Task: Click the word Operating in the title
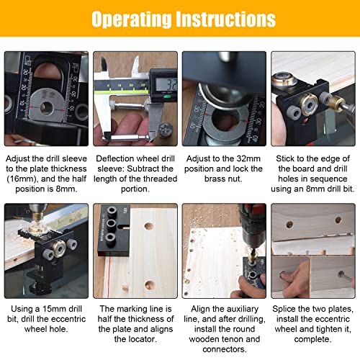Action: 132,19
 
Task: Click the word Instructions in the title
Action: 225,19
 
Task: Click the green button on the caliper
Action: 167,96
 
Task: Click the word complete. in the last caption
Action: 312,339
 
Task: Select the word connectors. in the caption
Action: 225,349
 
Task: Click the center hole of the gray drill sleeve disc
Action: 46,107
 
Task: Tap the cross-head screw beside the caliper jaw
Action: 165,129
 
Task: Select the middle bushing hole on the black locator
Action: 112,224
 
